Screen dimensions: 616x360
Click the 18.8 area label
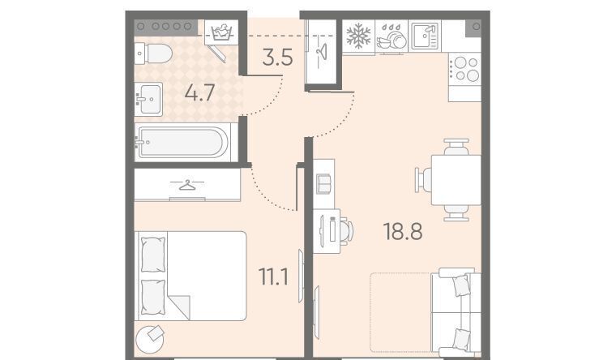click(403, 231)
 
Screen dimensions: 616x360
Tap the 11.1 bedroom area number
click(273, 276)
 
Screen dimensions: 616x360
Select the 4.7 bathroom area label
click(199, 93)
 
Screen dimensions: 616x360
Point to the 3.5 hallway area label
click(278, 57)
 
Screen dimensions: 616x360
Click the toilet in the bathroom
click(153, 54)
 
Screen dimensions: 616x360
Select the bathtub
click(182, 142)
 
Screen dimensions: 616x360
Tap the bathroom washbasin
click(148, 99)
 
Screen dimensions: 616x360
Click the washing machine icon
click(221, 32)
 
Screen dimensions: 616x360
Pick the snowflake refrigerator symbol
click(358, 36)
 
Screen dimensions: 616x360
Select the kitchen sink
click(425, 36)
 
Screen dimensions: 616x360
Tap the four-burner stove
click(465, 69)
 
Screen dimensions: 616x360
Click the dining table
click(456, 180)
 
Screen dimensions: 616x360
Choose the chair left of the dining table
click(423, 180)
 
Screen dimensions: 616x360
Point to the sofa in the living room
click(456, 312)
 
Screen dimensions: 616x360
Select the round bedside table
click(150, 339)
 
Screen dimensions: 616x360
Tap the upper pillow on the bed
click(153, 255)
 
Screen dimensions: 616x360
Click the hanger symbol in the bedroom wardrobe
click(187, 184)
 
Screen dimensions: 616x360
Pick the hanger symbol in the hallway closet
click(322, 51)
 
